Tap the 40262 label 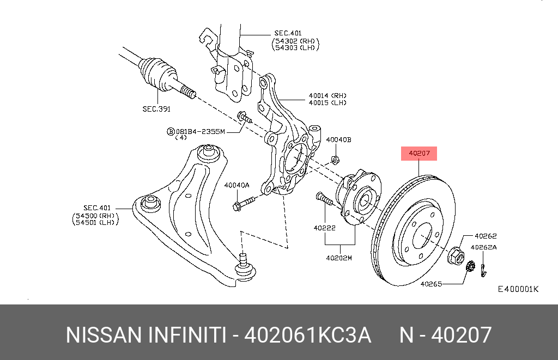click(x=485, y=236)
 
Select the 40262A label click(x=484, y=247)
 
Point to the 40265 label click(x=431, y=284)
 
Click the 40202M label click(x=339, y=258)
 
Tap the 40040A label click(x=236, y=185)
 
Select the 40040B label click(x=338, y=140)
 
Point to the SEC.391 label click(x=156, y=109)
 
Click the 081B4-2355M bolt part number click(x=199, y=131)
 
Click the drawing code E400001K click(x=518, y=289)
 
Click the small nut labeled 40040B click(x=336, y=160)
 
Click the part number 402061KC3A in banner click(x=308, y=335)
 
